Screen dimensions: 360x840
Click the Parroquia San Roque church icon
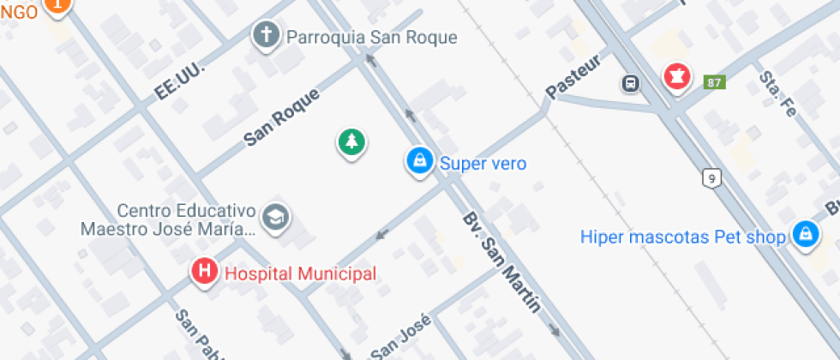[267, 35]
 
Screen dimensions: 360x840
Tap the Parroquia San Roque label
[371, 38]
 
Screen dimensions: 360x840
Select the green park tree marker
[351, 142]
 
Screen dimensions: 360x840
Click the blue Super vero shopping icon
[419, 160]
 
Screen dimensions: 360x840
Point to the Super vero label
[483, 163]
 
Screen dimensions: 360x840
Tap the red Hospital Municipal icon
[204, 273]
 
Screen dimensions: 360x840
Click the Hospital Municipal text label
[300, 274]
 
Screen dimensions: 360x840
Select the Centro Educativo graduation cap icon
[276, 218]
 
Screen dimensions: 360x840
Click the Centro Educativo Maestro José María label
[168, 220]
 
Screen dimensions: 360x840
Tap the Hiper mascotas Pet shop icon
[804, 234]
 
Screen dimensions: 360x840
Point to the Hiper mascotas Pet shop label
[683, 237]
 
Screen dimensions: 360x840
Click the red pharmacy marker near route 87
[676, 77]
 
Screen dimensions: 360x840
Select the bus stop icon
[631, 83]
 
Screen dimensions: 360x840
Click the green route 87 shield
[713, 83]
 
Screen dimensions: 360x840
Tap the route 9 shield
[711, 178]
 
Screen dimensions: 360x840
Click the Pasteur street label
[573, 78]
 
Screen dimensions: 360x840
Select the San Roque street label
[282, 117]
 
